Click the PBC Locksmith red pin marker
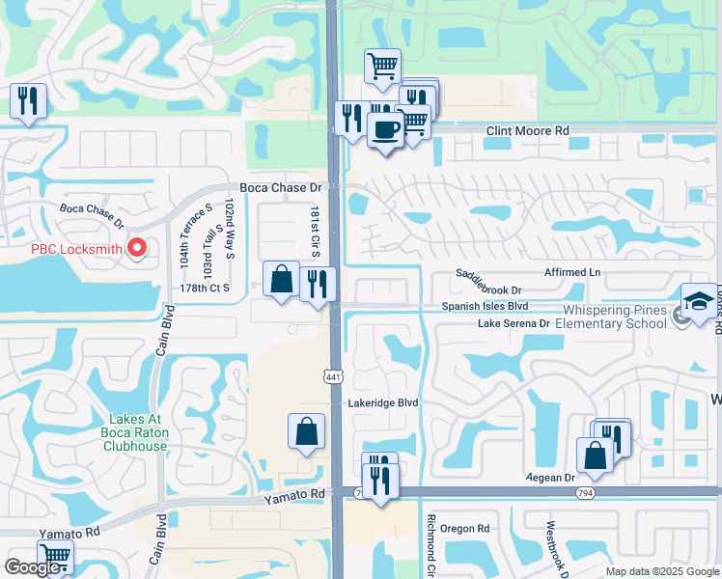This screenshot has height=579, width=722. (x=136, y=249)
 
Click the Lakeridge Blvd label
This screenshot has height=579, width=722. (x=382, y=402)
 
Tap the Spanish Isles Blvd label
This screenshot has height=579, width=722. (x=486, y=306)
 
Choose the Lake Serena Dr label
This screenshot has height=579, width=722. (x=514, y=324)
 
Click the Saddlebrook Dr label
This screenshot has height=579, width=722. (x=488, y=289)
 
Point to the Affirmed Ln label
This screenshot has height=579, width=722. (x=572, y=273)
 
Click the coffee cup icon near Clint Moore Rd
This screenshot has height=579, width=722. (x=387, y=129)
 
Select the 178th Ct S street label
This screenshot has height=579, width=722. (x=204, y=288)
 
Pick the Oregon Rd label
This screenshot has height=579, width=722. (x=465, y=529)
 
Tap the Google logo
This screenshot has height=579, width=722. (x=34, y=567)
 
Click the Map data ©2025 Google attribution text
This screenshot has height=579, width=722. (x=662, y=571)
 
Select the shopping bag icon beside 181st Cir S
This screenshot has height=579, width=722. (x=281, y=279)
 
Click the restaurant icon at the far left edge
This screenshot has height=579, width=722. (x=27, y=99)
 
